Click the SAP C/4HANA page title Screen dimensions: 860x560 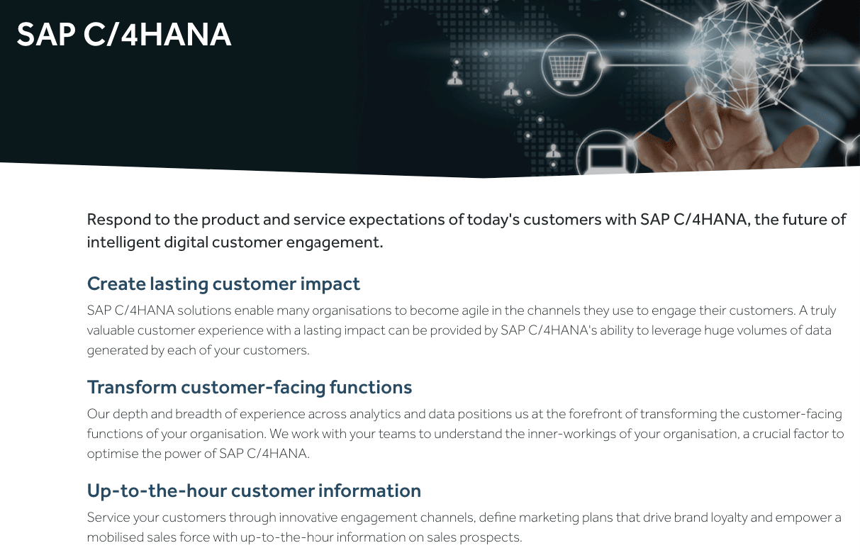click(x=124, y=35)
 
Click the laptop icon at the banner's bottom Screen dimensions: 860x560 click(x=608, y=159)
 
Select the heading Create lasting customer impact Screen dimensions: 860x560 click(x=223, y=284)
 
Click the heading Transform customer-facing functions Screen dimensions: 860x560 click(x=250, y=387)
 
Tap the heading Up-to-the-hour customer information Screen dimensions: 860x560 click(x=254, y=491)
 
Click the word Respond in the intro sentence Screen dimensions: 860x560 click(x=119, y=220)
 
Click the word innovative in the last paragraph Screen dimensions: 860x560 click(x=308, y=517)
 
